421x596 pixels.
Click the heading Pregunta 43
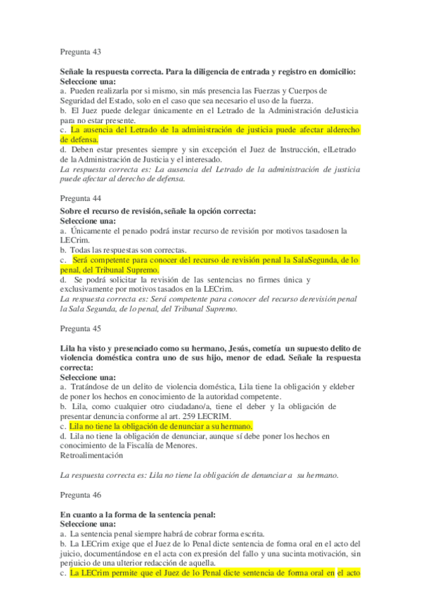point(81,52)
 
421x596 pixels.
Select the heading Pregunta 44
point(81,198)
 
